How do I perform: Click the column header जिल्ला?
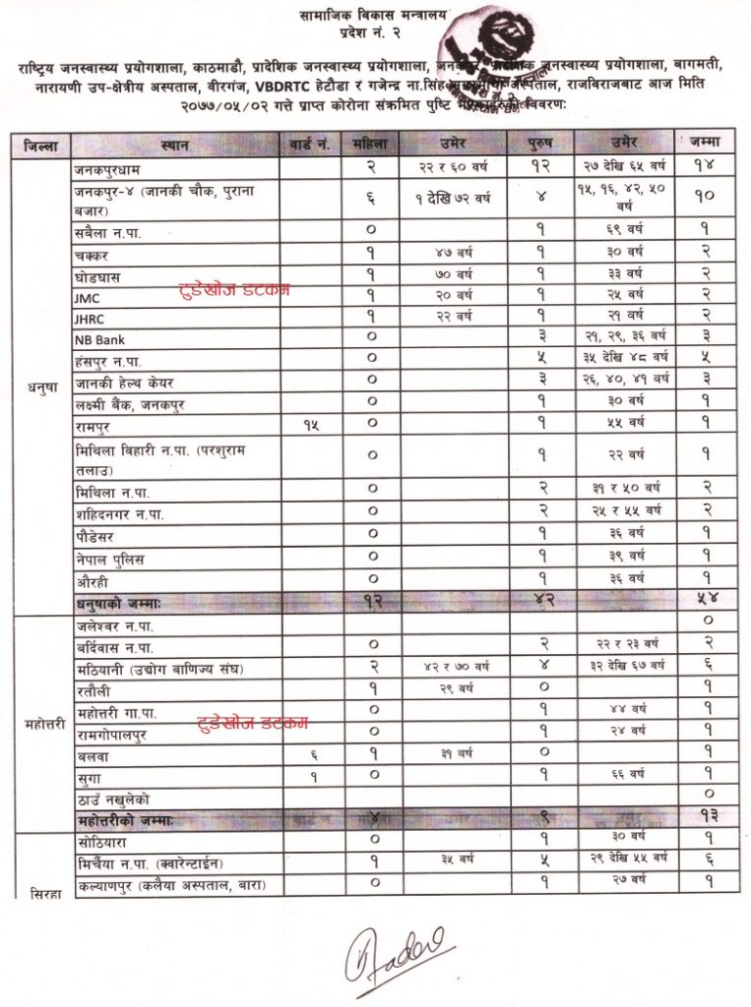41,147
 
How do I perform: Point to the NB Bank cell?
97,338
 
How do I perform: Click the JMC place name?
88,293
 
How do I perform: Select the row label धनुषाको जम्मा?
125,599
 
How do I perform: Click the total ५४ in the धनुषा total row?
707,599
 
